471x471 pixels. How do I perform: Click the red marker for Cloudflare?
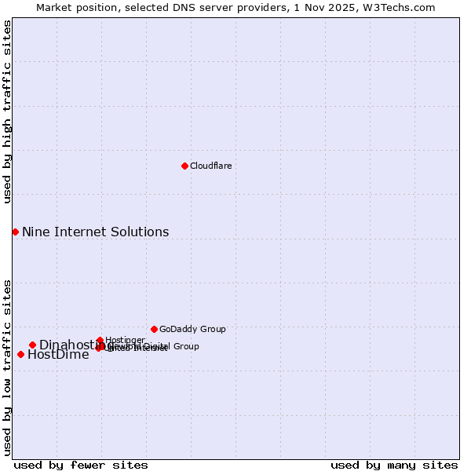pos(184,166)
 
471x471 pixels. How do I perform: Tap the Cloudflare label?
pos(210,166)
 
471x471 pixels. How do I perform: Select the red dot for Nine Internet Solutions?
pos(15,232)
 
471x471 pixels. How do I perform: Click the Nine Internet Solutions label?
pos(95,232)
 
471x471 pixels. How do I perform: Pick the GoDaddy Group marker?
pos(154,329)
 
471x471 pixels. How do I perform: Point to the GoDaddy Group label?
pos(192,329)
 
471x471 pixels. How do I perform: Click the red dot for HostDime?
pos(20,354)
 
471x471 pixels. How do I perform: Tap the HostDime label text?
pos(58,354)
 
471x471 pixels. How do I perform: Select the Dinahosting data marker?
pos(32,345)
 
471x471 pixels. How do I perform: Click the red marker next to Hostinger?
pos(100,340)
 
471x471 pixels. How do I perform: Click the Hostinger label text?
pos(125,340)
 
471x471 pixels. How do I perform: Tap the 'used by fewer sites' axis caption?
pos(81,465)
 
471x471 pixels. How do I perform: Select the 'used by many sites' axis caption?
pos(394,465)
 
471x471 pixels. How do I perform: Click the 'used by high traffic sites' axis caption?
pos(7,111)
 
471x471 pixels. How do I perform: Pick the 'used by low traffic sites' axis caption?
pos(7,367)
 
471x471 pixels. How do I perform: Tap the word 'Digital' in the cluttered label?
pos(156,346)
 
